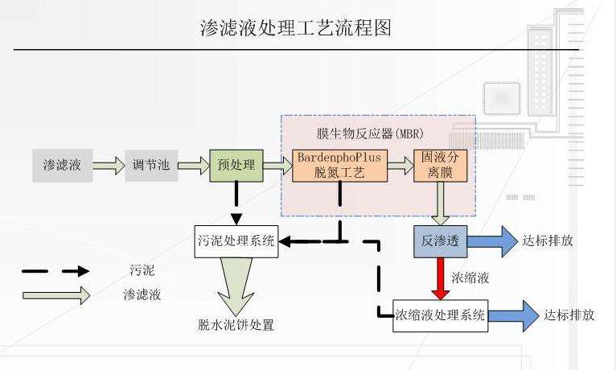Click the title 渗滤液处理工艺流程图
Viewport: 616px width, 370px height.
[295, 29]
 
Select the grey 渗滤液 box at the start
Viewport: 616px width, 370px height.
[62, 166]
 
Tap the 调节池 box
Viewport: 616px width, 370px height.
[151, 166]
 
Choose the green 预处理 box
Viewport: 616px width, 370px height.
[236, 166]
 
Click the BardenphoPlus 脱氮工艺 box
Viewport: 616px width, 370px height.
[339, 165]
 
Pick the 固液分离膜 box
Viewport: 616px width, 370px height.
[440, 165]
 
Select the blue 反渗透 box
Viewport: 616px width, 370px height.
[440, 240]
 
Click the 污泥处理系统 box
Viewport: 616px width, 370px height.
[236, 240]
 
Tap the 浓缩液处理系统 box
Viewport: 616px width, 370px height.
[441, 315]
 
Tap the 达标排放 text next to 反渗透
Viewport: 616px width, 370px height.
[548, 240]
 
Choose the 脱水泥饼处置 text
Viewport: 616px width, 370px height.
[236, 326]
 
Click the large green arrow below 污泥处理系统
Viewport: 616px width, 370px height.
[236, 286]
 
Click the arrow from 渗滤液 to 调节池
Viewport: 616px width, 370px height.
[109, 166]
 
